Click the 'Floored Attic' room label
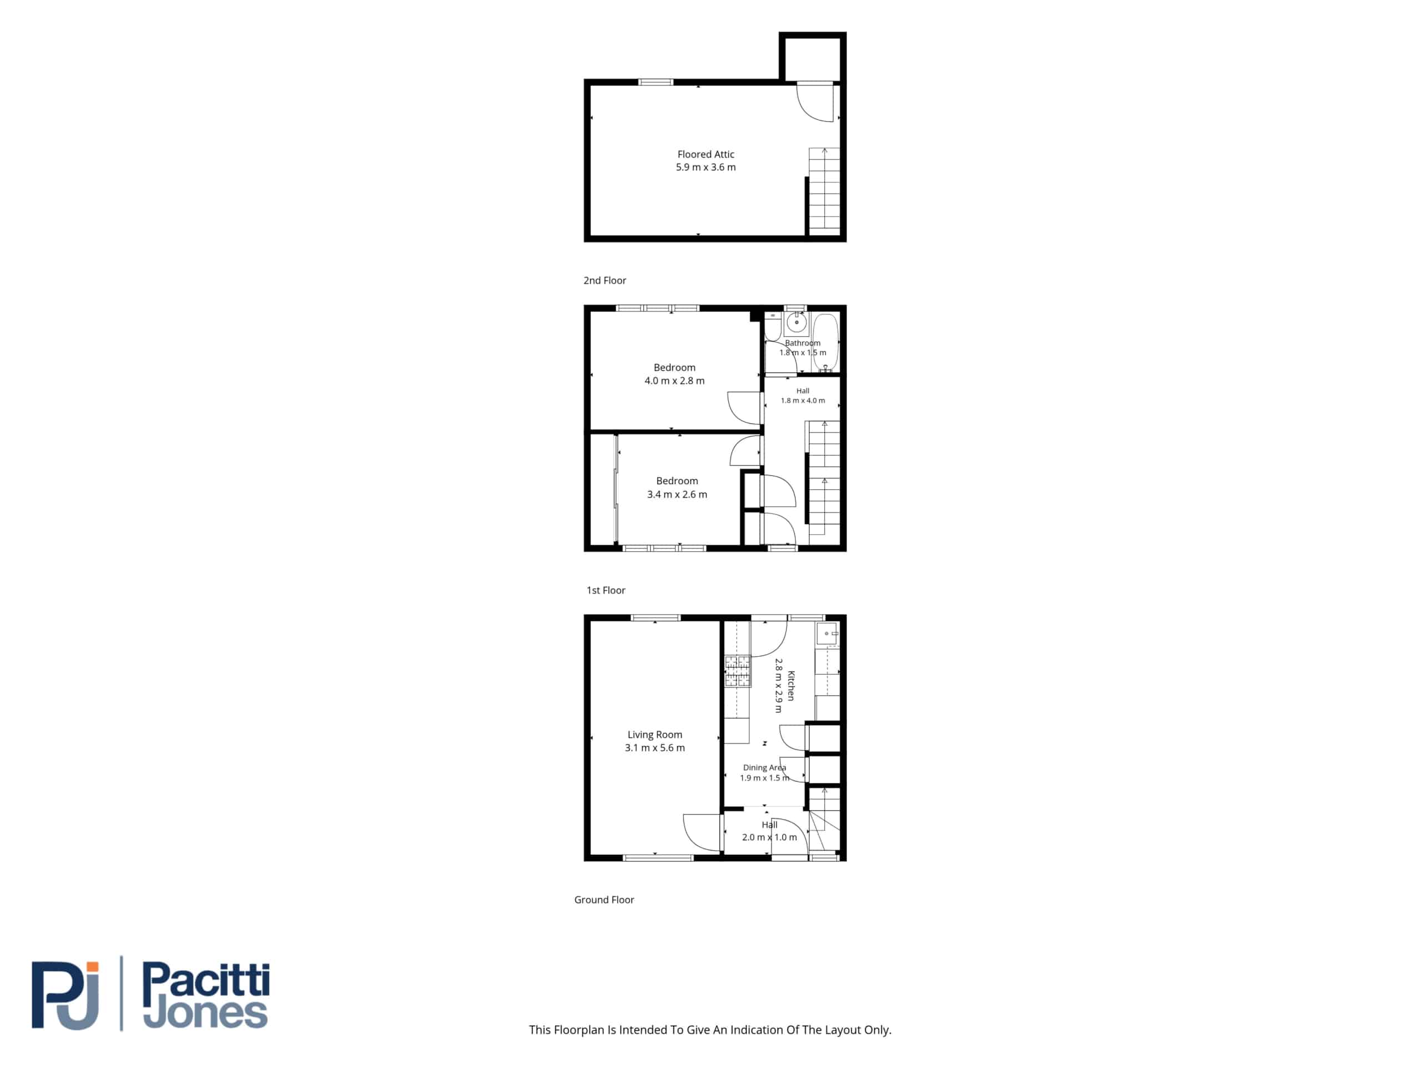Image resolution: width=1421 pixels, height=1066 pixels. tap(706, 154)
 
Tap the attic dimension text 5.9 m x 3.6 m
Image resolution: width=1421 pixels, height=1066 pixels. tap(706, 167)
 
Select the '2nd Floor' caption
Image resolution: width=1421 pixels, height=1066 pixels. tap(604, 280)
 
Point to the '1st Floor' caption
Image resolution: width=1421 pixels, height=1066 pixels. tap(606, 590)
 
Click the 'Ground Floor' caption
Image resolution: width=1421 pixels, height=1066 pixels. tap(604, 899)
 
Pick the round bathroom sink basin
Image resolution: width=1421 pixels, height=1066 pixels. tap(796, 323)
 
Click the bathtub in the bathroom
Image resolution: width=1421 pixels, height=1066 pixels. tap(825, 342)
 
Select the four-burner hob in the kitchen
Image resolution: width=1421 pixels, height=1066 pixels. tap(738, 671)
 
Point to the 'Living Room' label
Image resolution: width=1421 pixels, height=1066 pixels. tap(654, 735)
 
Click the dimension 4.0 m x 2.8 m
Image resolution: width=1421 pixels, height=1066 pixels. tap(674, 380)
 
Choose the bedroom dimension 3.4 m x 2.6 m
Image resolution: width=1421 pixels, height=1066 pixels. tap(677, 494)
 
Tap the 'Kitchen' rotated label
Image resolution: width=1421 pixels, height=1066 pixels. tap(791, 686)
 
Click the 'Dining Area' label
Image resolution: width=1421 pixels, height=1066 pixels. tap(764, 767)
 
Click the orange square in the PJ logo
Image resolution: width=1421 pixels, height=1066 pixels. tap(93, 967)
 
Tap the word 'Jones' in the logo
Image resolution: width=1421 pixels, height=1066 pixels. tap(205, 1013)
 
